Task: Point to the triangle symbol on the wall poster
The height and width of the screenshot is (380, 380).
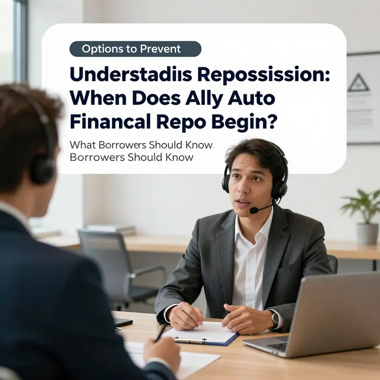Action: (359, 83)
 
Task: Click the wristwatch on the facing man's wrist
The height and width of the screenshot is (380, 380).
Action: (275, 319)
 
